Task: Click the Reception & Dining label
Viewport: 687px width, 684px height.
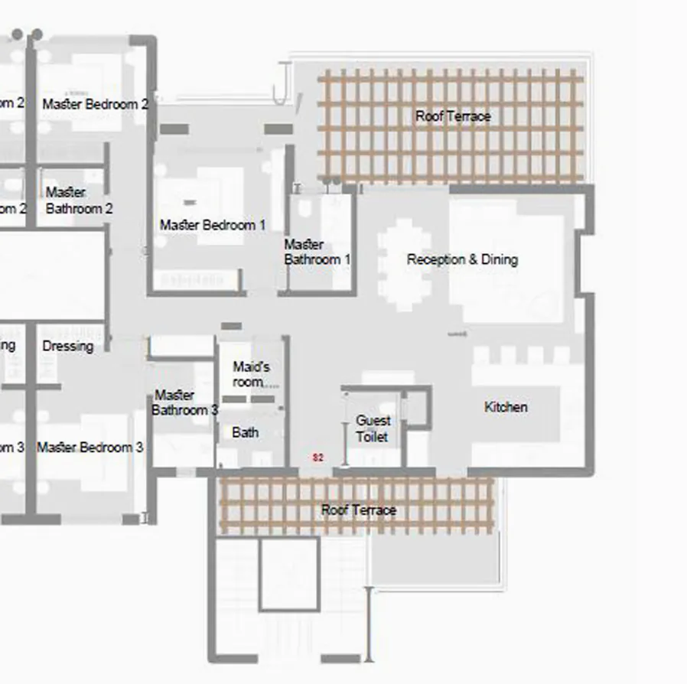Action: coord(462,259)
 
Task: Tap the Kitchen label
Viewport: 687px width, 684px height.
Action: coord(506,407)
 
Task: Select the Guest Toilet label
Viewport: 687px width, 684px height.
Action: coord(373,428)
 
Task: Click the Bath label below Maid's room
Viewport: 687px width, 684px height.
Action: coord(245,432)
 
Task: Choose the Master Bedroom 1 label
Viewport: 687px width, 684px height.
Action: coord(213,225)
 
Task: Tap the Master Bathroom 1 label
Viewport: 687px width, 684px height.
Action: coord(317,252)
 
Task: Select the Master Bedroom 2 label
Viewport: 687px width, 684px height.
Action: coord(95,103)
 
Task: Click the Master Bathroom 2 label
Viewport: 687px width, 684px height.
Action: coord(79,200)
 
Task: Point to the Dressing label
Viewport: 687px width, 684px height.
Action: coord(67,346)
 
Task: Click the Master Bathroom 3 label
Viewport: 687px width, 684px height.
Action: coord(184,402)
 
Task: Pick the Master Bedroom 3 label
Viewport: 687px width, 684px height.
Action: coord(90,447)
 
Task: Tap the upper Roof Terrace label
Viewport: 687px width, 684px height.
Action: coord(453,116)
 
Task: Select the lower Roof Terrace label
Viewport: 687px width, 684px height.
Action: coord(358,510)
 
